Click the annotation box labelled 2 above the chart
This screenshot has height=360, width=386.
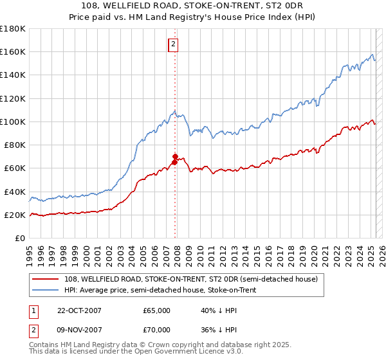(x=174, y=44)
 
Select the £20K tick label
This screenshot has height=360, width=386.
(x=15, y=215)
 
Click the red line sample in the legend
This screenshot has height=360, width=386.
(x=46, y=280)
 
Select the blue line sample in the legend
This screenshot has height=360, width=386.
(x=46, y=291)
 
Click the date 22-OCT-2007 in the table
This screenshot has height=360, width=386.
(x=79, y=310)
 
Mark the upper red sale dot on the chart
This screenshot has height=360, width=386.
(x=174, y=156)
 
